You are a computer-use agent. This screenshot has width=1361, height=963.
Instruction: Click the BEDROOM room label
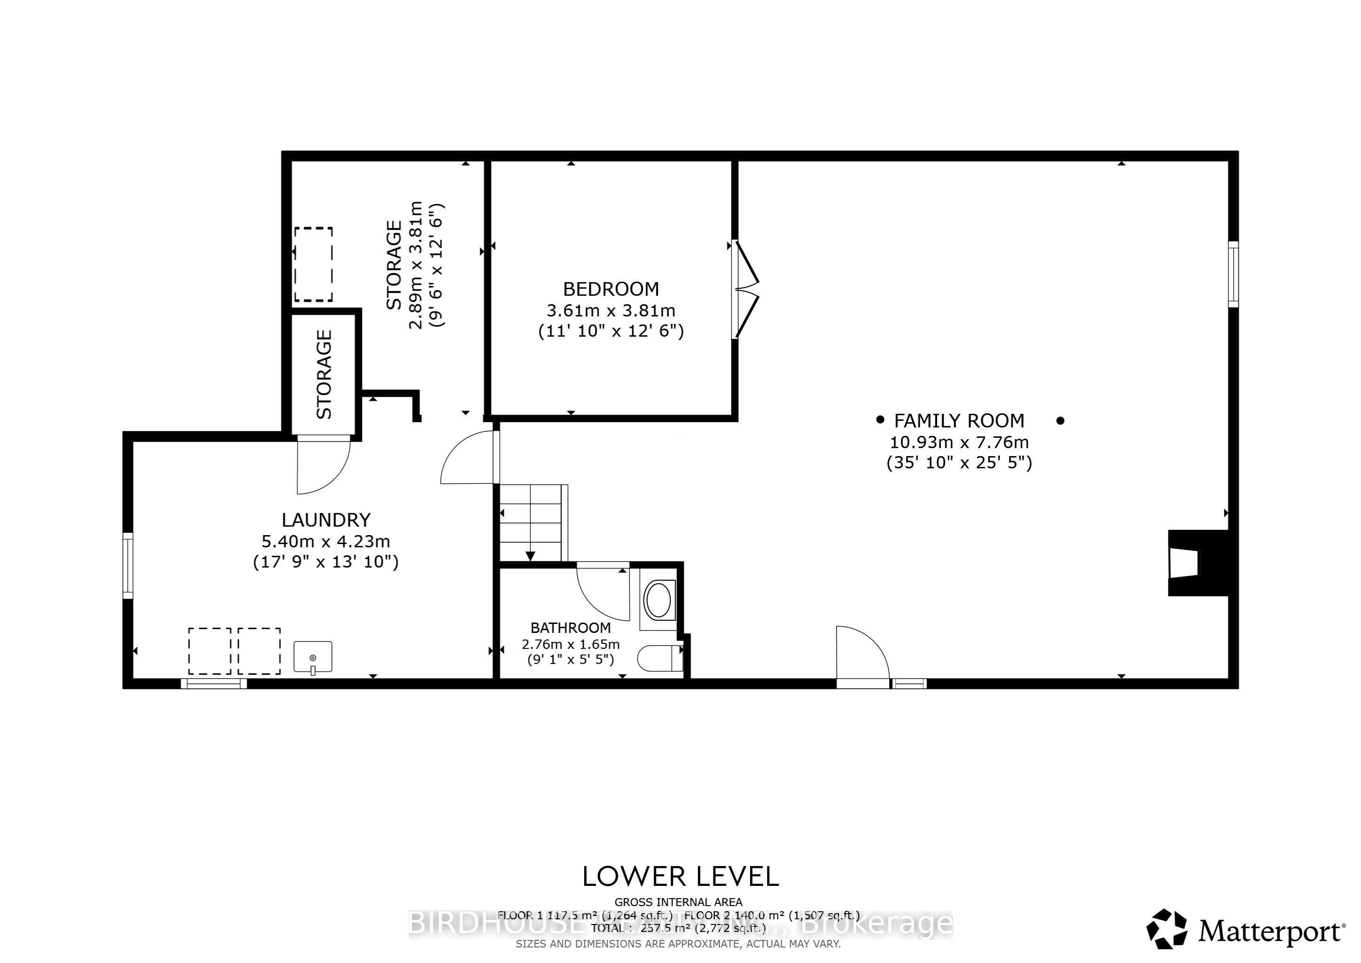(610, 289)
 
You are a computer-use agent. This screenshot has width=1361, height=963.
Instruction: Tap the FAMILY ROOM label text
(959, 421)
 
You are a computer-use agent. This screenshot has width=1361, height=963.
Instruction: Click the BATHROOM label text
(570, 628)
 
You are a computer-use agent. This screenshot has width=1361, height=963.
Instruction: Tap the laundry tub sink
(313, 657)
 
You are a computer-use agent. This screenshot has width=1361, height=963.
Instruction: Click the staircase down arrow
(530, 556)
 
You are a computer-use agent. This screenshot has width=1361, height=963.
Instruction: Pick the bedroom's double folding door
(746, 289)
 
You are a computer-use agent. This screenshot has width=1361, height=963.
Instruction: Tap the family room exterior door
(862, 654)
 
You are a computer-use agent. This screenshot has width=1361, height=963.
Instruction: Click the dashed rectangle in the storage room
(313, 264)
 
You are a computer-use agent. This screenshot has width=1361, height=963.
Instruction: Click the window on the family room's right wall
(1233, 274)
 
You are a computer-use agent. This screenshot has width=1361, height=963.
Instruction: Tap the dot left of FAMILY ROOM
(880, 419)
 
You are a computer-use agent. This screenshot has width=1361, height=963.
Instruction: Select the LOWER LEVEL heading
(680, 877)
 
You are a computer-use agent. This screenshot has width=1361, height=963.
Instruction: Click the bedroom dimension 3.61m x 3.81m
(610, 310)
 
